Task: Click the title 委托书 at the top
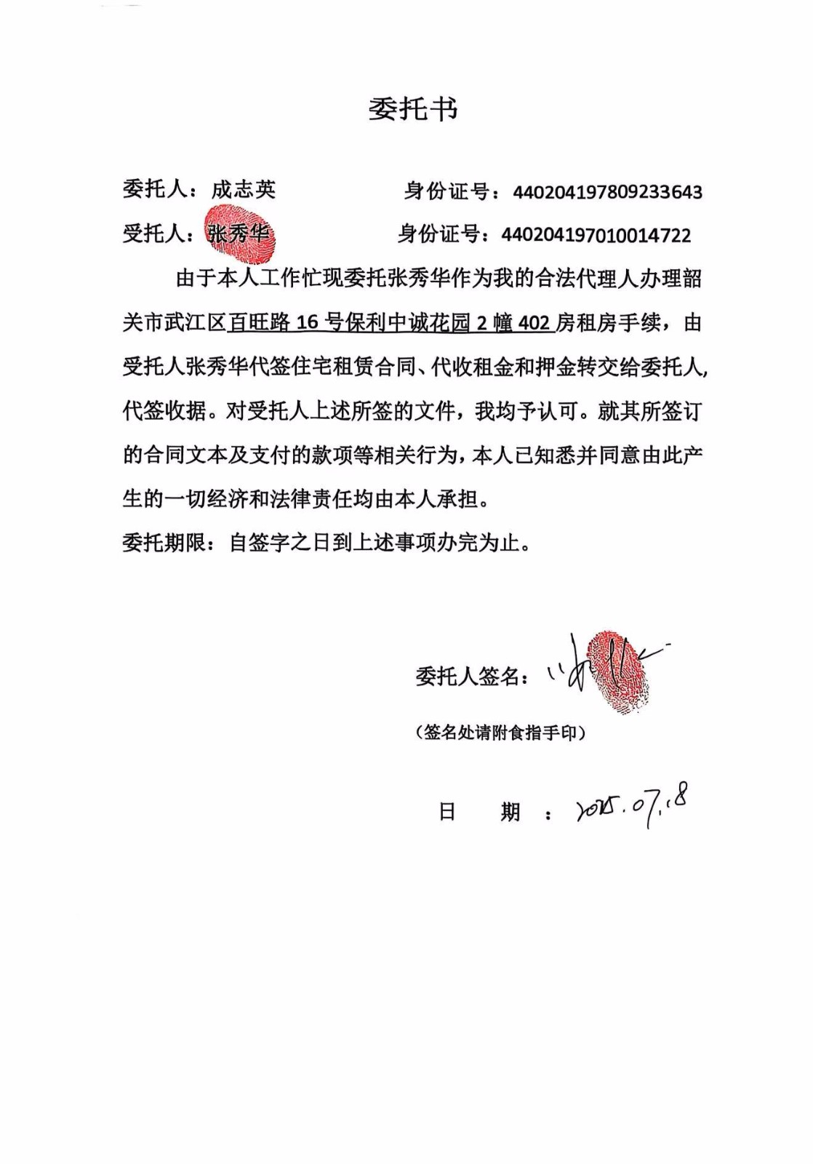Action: pyautogui.click(x=412, y=110)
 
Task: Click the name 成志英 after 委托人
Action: pyautogui.click(x=243, y=190)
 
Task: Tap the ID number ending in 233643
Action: pyautogui.click(x=607, y=193)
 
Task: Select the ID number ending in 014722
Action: pyautogui.click(x=596, y=235)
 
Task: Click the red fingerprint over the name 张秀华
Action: pyautogui.click(x=239, y=234)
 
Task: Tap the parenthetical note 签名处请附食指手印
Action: pyautogui.click(x=500, y=733)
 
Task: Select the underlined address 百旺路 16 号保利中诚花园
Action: pyautogui.click(x=350, y=322)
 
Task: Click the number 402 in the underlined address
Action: pyautogui.click(x=534, y=323)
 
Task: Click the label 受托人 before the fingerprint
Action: pyautogui.click(x=153, y=234)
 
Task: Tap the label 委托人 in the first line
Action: pyautogui.click(x=153, y=190)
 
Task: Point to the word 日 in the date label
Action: pyautogui.click(x=447, y=811)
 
